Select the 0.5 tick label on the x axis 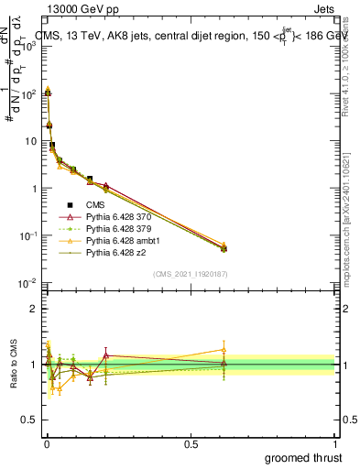[x=191, y=443]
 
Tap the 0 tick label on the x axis [x=46, y=443]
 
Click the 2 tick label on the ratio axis [x=32, y=309]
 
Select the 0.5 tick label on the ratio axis [x=27, y=420]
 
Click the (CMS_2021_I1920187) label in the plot [x=190, y=272]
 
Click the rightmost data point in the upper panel [x=224, y=247]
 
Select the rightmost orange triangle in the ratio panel [x=224, y=349]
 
